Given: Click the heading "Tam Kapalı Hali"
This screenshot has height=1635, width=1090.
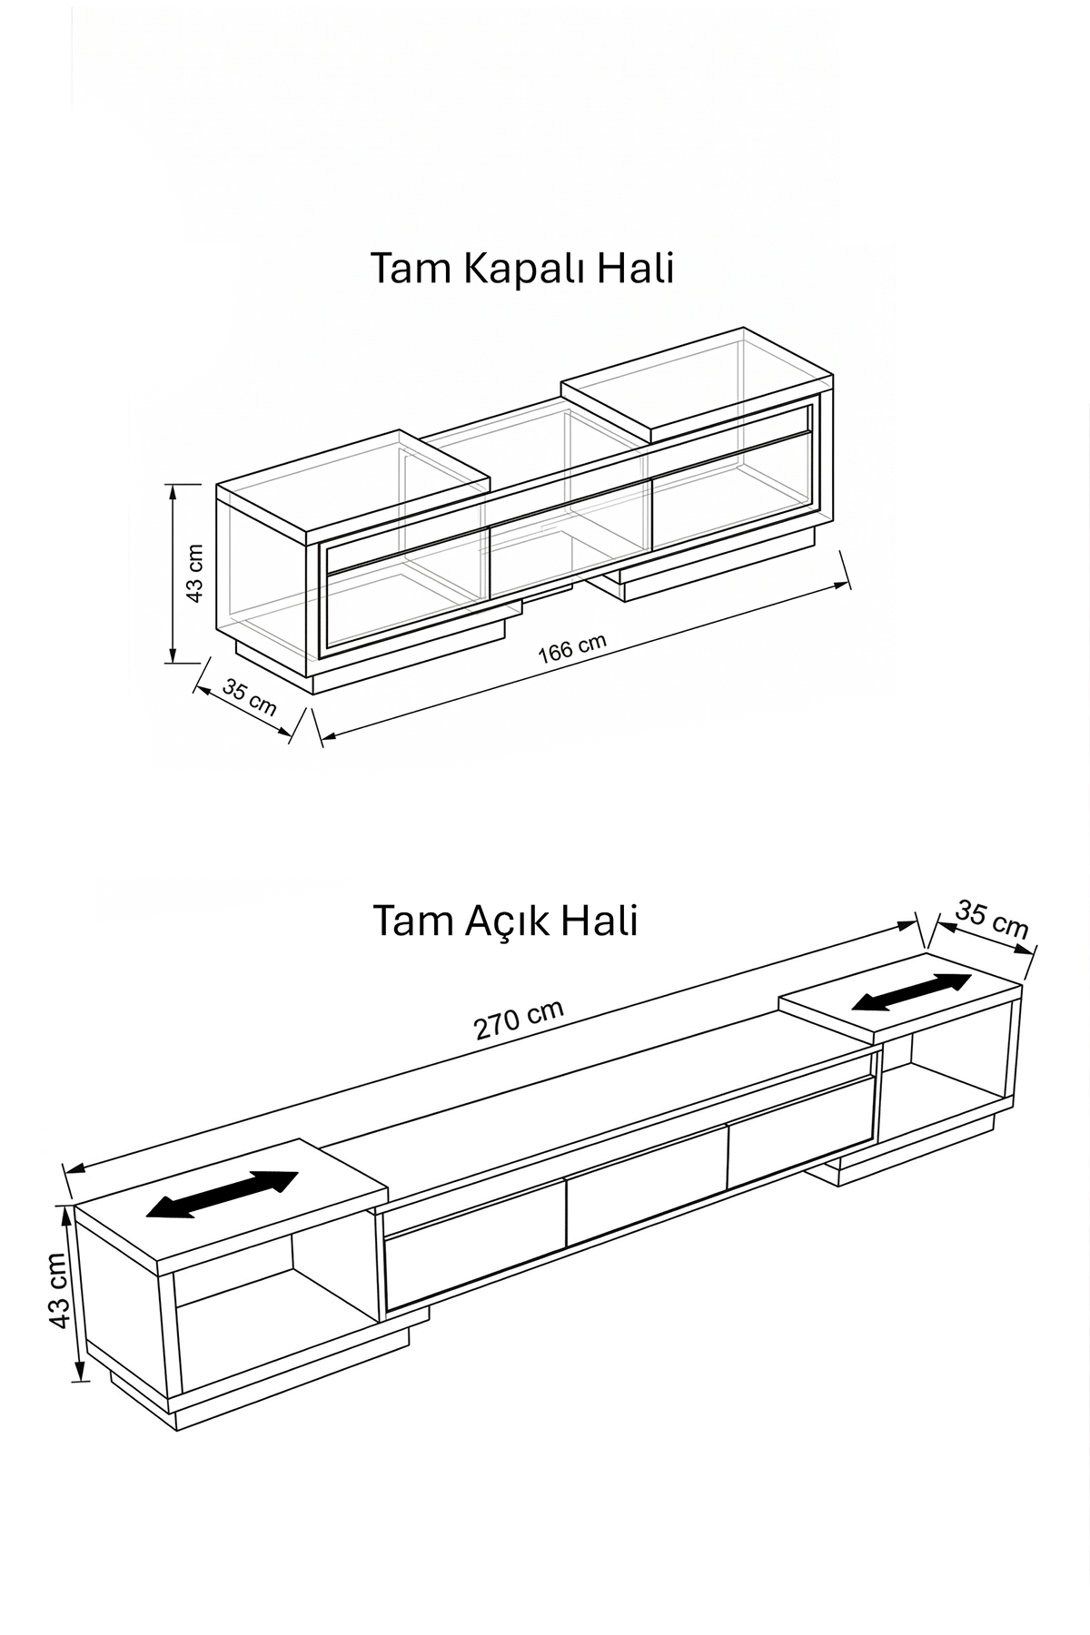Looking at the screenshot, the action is (x=522, y=270).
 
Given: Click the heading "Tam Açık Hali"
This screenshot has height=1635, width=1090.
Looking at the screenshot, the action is (x=505, y=921).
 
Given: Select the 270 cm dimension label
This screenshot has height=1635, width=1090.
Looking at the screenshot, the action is (x=519, y=1020).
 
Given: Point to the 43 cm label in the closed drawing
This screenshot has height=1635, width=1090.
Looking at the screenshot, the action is (x=194, y=573).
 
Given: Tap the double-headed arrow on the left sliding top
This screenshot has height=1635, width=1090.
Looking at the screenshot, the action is (x=223, y=1194).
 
